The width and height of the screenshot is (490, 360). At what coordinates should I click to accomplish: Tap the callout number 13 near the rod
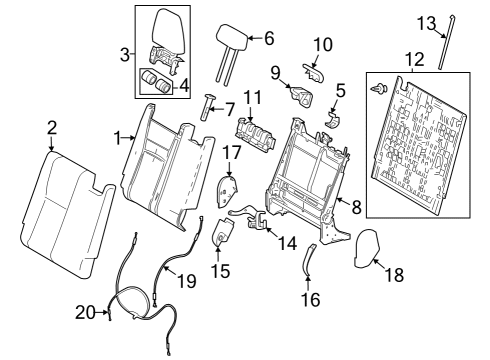pos(426,22)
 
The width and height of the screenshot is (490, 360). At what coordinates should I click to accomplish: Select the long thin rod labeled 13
pos(443,42)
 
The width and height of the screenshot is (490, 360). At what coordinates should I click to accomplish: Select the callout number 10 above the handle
pos(322,45)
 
